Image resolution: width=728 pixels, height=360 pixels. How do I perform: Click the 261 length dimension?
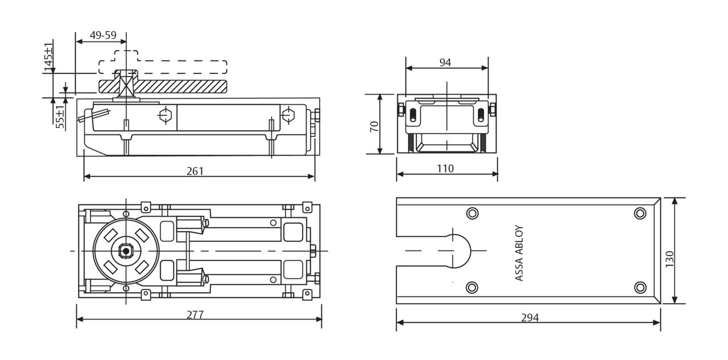tap(195, 171)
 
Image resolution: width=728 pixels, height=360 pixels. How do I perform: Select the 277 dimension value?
tap(195, 315)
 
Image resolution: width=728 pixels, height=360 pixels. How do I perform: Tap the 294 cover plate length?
tap(530, 317)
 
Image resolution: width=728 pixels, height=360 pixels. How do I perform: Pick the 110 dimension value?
tap(445, 168)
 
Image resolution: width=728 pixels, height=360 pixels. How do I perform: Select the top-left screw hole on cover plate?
tap(472, 213)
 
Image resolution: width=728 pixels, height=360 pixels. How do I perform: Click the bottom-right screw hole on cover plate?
tap(640, 287)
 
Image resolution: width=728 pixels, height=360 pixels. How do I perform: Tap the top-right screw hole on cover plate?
tap(640, 213)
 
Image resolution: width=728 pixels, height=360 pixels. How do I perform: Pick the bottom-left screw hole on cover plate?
tap(472, 287)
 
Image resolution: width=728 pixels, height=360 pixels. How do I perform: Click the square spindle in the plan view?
tap(125, 251)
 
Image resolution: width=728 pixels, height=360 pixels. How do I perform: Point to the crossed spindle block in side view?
tap(125, 86)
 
